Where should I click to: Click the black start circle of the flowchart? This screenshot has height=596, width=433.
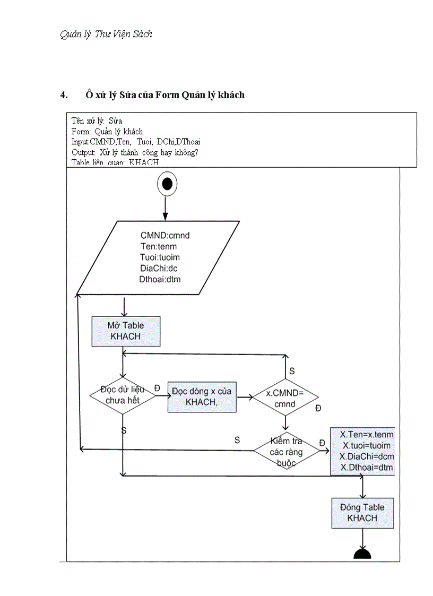[x=167, y=184]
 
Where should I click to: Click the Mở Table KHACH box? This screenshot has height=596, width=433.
[x=126, y=331]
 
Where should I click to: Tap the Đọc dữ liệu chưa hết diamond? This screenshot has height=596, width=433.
[x=123, y=395]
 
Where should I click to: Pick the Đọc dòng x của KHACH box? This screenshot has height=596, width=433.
[x=202, y=396]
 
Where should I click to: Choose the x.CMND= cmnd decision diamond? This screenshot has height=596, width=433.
[x=285, y=399]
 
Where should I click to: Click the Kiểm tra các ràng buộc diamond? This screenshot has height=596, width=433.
[x=286, y=452]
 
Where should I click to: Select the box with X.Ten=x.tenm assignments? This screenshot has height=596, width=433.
[x=363, y=451]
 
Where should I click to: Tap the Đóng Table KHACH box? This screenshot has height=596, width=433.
[x=362, y=513]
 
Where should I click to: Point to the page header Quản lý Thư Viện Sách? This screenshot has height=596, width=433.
[x=106, y=34]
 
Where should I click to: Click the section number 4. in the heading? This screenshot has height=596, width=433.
[x=64, y=96]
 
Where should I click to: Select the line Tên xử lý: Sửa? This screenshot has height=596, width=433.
[x=97, y=121]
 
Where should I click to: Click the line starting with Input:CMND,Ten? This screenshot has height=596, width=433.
[x=135, y=142]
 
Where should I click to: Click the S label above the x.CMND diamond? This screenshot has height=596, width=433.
[x=291, y=370]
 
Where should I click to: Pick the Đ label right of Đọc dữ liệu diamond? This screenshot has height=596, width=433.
[x=157, y=388]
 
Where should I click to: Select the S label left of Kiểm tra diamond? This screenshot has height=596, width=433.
[x=237, y=440]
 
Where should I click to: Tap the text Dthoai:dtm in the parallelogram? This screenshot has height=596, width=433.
[x=160, y=279]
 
